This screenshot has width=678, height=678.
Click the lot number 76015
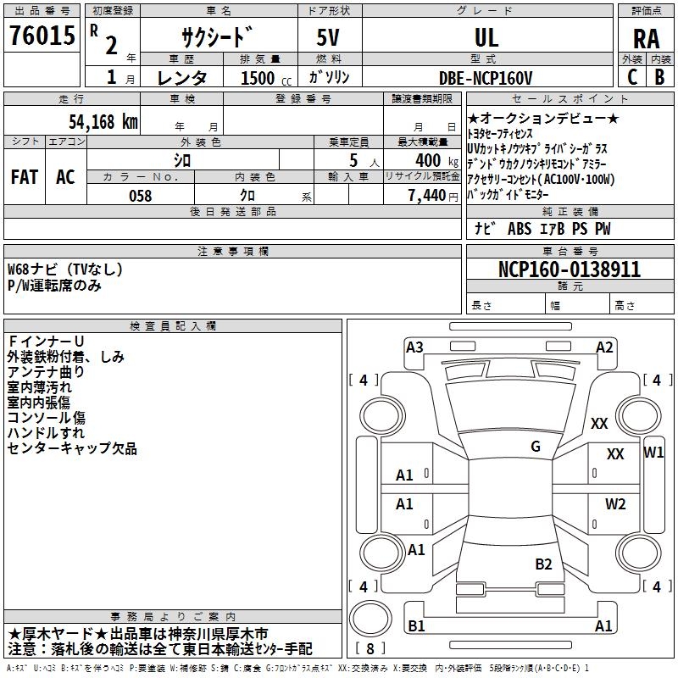[40, 36]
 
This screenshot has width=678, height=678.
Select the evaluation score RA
[646, 39]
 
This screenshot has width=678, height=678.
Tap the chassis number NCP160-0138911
[569, 270]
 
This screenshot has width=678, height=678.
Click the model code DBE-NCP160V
[486, 78]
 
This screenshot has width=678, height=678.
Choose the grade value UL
[486, 38]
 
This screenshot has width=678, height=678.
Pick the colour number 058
[140, 196]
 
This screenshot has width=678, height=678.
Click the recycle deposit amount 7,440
[426, 196]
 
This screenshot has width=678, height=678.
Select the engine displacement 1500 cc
[264, 79]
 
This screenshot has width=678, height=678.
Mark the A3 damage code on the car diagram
[414, 347]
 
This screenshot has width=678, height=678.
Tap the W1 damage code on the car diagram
[653, 452]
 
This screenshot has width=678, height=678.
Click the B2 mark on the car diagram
[543, 564]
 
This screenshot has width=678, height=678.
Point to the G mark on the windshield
[536, 447]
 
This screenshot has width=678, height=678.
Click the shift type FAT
[24, 177]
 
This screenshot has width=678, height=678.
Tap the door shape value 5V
[330, 38]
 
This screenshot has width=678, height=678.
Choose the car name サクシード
[217, 39]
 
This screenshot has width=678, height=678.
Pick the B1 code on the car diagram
[416, 626]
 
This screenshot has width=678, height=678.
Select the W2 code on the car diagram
[615, 504]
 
